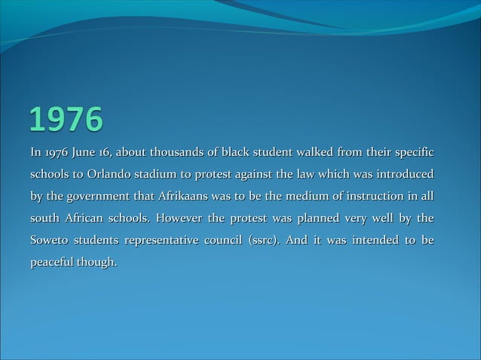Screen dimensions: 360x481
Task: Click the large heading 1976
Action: click(66, 119)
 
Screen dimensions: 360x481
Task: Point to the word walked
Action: click(320, 154)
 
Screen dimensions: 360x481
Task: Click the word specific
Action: click(412, 154)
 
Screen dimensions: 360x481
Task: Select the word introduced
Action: click(401, 175)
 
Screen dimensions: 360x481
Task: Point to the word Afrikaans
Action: click(184, 197)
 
